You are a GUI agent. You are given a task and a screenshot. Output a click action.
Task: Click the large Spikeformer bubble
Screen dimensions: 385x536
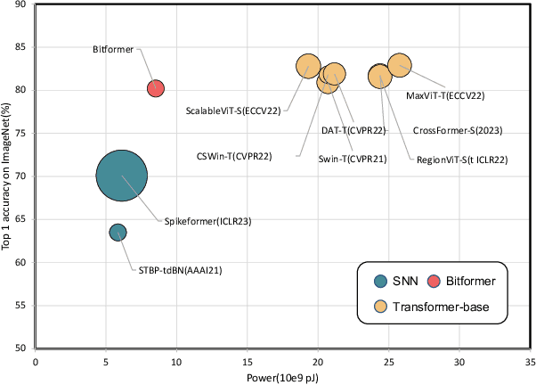pyautogui.click(x=122, y=176)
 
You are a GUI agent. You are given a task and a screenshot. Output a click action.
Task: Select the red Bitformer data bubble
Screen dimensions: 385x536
pyautogui.click(x=156, y=87)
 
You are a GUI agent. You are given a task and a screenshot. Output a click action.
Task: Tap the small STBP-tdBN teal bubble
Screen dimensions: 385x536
pyautogui.click(x=118, y=233)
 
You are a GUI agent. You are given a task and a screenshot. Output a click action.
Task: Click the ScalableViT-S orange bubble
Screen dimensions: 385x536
pyautogui.click(x=308, y=66)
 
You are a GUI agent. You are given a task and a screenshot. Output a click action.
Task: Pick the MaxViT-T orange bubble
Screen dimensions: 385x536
pyautogui.click(x=400, y=65)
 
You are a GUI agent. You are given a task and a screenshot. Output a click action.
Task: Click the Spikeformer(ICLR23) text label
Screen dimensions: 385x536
pyautogui.click(x=207, y=221)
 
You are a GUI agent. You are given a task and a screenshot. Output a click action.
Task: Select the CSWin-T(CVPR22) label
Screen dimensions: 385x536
pyautogui.click(x=246, y=156)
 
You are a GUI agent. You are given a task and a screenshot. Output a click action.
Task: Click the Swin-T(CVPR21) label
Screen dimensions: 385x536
pyautogui.click(x=352, y=160)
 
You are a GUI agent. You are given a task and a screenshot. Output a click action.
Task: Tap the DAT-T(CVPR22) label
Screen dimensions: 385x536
pyautogui.click(x=353, y=130)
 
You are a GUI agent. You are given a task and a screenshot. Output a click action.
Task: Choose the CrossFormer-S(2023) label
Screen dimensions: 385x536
pyautogui.click(x=458, y=130)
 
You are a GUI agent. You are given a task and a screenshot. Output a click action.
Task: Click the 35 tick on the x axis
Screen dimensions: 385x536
pyautogui.click(x=529, y=362)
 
